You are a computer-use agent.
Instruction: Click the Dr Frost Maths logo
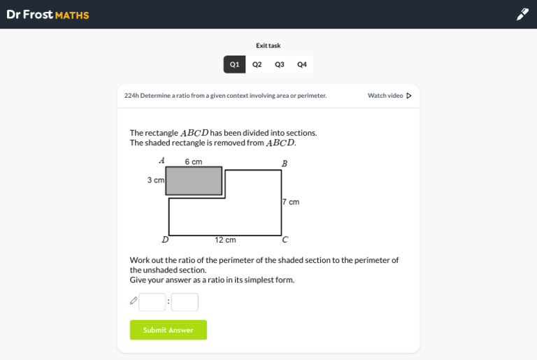click(48, 15)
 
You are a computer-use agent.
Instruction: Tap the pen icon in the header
click(522, 14)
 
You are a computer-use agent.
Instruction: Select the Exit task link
click(268, 45)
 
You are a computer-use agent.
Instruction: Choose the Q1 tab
click(235, 64)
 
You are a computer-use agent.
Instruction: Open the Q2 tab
click(257, 64)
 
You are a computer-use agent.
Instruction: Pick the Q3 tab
click(280, 64)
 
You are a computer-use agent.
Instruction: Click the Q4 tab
click(302, 64)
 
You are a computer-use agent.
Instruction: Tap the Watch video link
click(389, 96)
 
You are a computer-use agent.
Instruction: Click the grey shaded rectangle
click(194, 181)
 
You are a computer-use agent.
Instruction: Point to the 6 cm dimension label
click(194, 161)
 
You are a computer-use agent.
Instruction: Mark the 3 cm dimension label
click(156, 180)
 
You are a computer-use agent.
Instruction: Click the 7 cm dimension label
click(291, 202)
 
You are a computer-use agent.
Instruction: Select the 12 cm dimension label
click(225, 240)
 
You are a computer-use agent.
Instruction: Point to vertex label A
click(162, 160)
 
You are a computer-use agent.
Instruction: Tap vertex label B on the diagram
click(285, 164)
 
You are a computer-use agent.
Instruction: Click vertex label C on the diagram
click(285, 240)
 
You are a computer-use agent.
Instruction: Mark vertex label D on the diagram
click(165, 240)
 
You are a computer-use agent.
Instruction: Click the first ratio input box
click(152, 302)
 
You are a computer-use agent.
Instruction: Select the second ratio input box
click(185, 302)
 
